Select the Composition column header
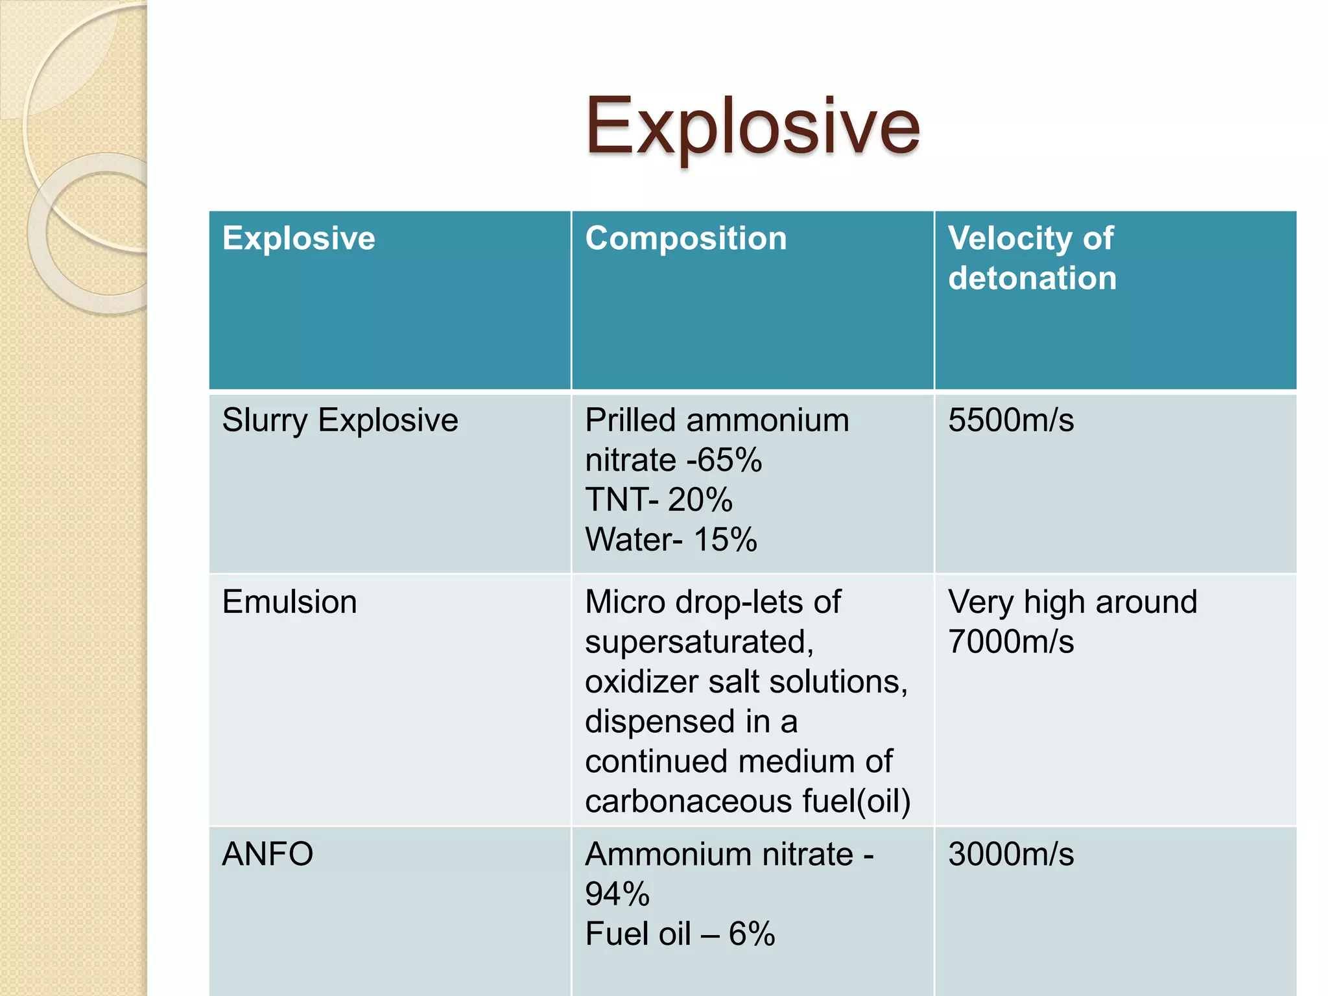[685, 238]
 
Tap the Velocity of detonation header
[1032, 257]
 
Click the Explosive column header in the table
[298, 238]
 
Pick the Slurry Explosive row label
[340, 420]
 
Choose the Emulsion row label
[289, 602]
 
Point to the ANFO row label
[267, 854]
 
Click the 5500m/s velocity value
[1010, 420]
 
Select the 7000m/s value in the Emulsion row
[1010, 642]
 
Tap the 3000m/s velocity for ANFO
[1010, 854]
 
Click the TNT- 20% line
[658, 500]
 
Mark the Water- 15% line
[670, 539]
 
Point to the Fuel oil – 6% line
[680, 934]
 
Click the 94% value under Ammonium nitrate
[617, 894]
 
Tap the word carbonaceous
[688, 801]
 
